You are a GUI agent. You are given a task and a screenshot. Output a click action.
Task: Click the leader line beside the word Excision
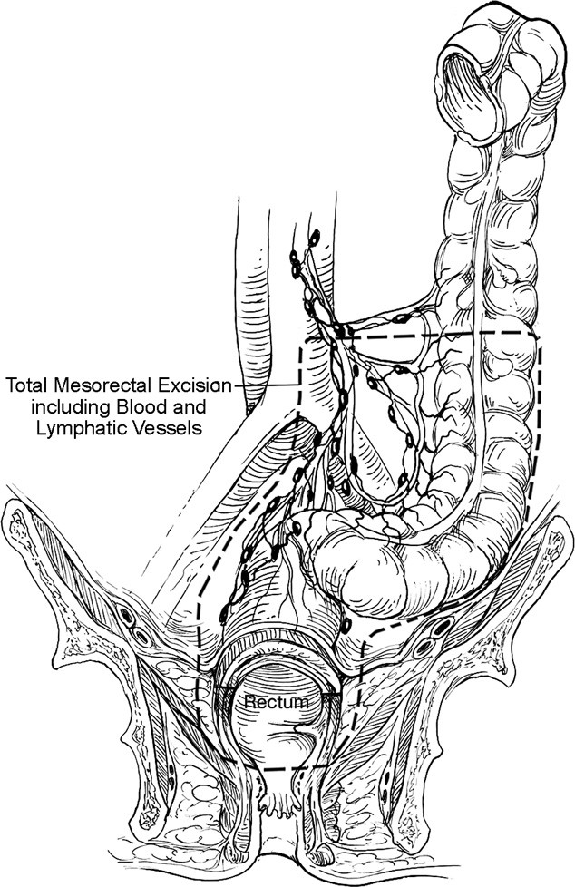point(268,384)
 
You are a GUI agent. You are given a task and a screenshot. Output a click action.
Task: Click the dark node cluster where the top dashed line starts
point(340,334)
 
